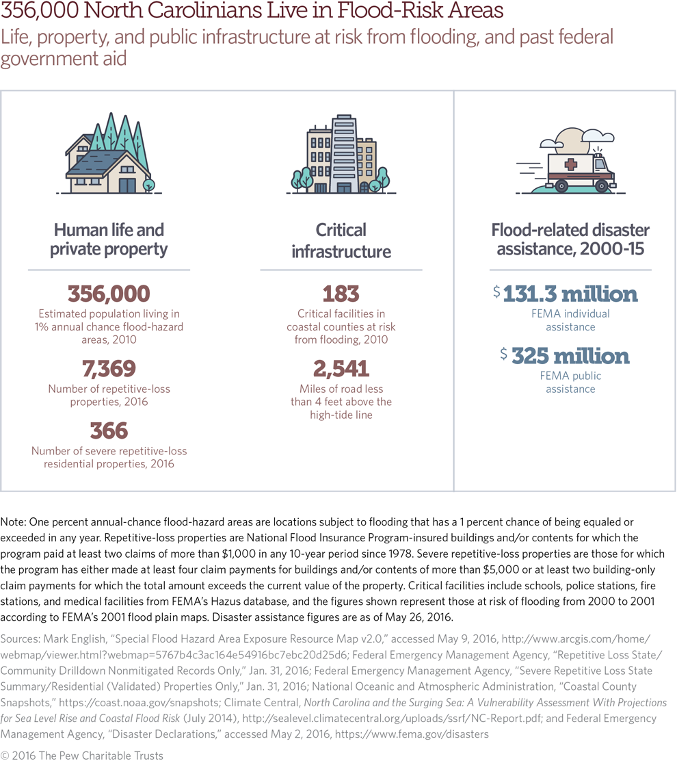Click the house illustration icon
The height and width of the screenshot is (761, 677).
[109, 156]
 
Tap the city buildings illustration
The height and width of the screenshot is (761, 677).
[340, 156]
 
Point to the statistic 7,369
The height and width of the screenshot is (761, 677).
[109, 369]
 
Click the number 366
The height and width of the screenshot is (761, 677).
[109, 430]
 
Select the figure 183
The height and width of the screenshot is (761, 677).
[341, 294]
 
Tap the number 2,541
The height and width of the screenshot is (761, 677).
[341, 369]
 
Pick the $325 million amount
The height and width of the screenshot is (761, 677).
[565, 356]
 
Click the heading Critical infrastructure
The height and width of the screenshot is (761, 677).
[341, 240]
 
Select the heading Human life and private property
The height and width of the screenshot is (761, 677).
[109, 240]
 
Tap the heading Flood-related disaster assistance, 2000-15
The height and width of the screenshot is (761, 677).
[570, 240]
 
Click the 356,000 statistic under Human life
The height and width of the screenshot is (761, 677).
[109, 294]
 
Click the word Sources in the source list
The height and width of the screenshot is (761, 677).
[20, 638]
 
